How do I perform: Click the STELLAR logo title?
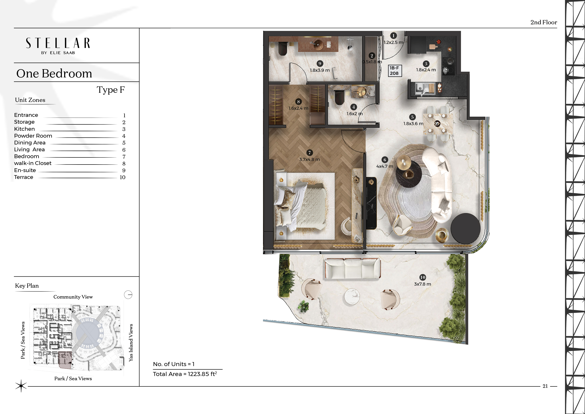tap(58, 43)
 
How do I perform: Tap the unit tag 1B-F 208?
tap(394, 71)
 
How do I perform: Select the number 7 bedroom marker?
tap(309, 153)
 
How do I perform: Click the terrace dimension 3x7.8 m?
tap(422, 284)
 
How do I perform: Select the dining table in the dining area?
tap(437, 124)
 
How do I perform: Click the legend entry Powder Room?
tap(33, 136)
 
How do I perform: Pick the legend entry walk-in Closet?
tap(33, 163)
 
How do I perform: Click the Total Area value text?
tap(185, 374)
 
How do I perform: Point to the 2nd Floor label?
tap(543, 22)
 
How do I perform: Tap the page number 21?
tap(545, 386)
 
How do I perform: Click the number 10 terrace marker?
tap(422, 277)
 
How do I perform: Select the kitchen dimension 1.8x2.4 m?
tap(426, 70)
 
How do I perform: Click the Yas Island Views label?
tap(131, 343)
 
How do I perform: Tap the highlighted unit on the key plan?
tap(65, 360)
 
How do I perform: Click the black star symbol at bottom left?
tap(21, 386)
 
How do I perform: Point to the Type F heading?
tap(111, 90)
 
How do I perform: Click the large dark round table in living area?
tap(465, 228)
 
